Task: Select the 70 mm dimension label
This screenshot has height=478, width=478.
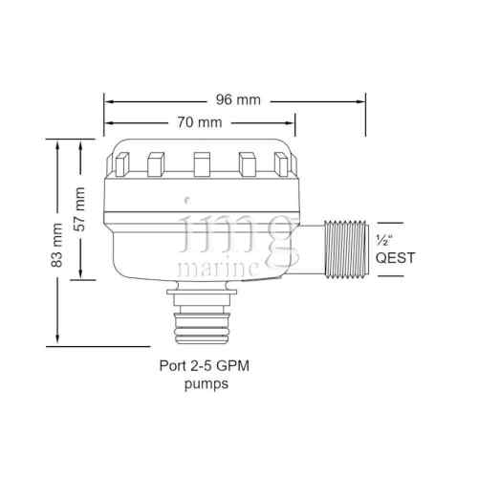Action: (200, 122)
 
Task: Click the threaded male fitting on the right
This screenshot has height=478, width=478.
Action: (344, 250)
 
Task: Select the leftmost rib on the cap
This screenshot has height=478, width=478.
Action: (123, 164)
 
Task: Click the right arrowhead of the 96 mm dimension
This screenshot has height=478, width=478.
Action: (360, 99)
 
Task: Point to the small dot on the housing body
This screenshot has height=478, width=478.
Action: (186, 199)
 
